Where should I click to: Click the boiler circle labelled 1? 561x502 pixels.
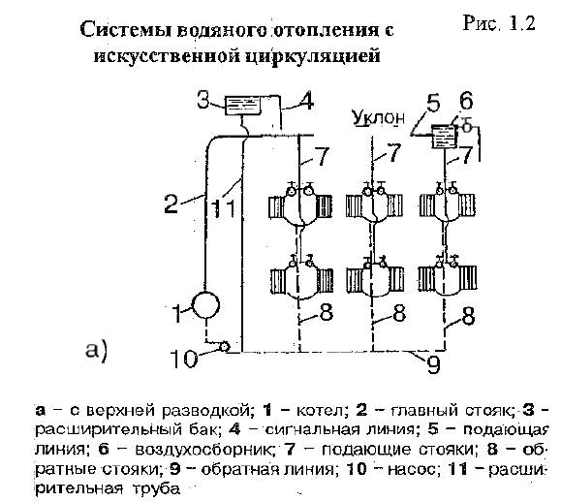205,305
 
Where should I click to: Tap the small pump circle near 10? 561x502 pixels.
225,346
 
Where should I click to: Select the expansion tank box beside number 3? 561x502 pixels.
242,105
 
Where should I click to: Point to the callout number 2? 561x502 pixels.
171,204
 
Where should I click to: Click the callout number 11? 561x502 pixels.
224,208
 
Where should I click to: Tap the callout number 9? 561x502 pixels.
433,364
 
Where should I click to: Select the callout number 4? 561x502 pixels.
305,101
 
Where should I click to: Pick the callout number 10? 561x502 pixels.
182,359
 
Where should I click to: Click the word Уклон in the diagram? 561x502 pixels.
379,117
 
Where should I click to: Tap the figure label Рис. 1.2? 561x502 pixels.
499,23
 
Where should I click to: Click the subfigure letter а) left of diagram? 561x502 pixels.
96,350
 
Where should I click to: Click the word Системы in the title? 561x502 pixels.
126,30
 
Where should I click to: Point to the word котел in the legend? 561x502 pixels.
322,410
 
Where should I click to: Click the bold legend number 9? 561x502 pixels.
175,469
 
